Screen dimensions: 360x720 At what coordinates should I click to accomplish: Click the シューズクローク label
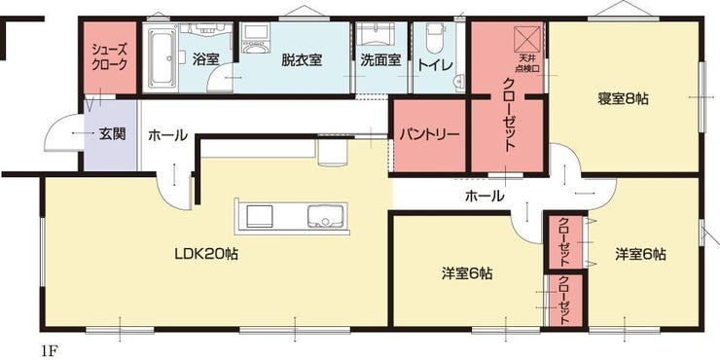(108, 55)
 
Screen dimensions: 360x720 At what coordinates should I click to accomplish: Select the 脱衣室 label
(302, 59)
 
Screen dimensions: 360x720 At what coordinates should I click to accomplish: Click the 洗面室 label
(380, 59)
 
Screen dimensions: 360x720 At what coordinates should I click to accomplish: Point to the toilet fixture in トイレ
(435, 43)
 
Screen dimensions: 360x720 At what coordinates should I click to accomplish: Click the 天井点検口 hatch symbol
(528, 42)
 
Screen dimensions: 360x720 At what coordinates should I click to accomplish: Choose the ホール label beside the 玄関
(167, 135)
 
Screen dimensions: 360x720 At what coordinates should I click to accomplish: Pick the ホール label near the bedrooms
(485, 196)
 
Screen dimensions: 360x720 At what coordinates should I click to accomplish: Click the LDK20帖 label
(206, 254)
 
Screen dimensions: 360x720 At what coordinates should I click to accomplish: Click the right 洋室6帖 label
(639, 254)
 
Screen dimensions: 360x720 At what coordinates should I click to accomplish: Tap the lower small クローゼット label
(564, 301)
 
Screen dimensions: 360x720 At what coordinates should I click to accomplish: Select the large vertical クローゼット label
(509, 116)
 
